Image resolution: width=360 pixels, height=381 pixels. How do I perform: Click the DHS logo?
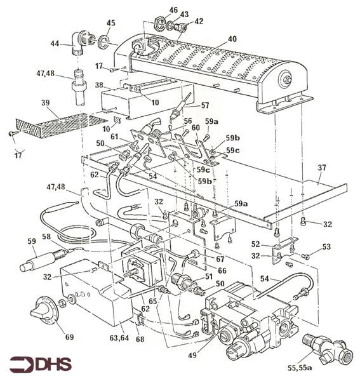pos(41,364)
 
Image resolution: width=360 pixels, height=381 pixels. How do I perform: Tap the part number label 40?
pos(232,39)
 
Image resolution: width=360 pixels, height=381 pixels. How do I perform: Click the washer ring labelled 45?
pos(104,42)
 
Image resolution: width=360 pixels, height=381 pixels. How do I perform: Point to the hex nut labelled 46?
pos(159,23)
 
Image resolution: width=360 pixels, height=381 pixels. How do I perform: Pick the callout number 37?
pos(321,168)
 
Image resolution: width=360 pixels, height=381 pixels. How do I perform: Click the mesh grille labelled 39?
pos(61,126)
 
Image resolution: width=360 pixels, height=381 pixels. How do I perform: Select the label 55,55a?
pos(300,368)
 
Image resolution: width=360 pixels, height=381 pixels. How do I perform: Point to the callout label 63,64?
pos(119,338)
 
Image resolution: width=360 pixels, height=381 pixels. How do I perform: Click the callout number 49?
pos(193,355)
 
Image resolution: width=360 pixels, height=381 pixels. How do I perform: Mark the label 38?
pos(100,85)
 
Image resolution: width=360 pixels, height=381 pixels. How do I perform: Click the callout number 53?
pos(326,246)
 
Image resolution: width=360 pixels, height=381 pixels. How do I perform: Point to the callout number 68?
pos(140,339)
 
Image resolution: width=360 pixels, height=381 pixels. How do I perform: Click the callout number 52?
pos(255,244)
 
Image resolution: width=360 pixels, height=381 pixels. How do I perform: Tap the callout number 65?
pos(153,301)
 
